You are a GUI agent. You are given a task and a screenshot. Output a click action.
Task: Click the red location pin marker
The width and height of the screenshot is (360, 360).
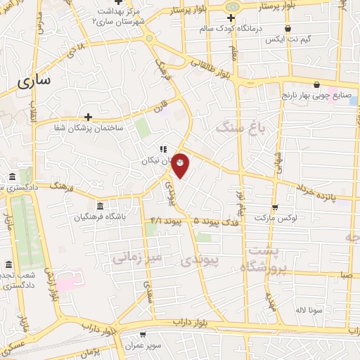pos(181,165)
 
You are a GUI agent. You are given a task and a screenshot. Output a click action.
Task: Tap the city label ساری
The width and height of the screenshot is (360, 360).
pos(33,81)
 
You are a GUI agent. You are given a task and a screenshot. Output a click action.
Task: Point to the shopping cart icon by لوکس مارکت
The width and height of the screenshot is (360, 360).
pos(274,207)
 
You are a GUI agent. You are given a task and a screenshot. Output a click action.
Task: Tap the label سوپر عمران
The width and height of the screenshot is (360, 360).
pos(144,349)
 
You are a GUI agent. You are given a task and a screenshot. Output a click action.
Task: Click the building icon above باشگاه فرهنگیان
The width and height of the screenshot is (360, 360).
pos(100,206)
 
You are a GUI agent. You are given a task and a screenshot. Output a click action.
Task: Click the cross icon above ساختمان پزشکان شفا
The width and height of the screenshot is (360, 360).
pos(88,117)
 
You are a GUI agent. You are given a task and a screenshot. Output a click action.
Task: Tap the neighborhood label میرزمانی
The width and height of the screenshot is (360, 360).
pos(136,257)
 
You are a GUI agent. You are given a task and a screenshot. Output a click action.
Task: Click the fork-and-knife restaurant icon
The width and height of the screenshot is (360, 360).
pos(162,149)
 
